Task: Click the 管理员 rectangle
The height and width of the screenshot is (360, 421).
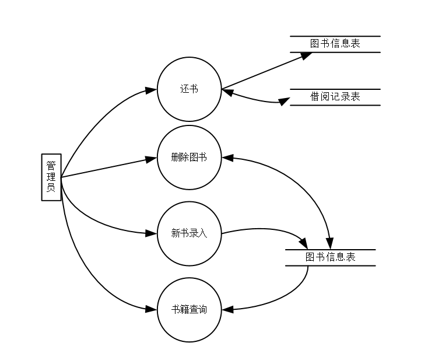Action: [x=51, y=177]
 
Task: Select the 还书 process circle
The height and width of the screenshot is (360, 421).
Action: [x=189, y=89]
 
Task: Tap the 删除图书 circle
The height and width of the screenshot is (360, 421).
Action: [x=189, y=158]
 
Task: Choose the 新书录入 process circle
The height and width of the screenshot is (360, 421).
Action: [x=189, y=234]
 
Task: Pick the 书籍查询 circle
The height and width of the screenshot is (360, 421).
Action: [x=189, y=310]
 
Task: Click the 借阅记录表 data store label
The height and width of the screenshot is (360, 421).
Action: [x=335, y=97]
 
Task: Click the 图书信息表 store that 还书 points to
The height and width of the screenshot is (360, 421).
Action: [x=335, y=44]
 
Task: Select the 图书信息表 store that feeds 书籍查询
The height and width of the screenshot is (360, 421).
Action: [x=330, y=257]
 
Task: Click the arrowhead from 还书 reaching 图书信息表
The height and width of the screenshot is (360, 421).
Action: [x=306, y=55]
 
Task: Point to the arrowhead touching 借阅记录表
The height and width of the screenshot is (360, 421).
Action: [x=284, y=102]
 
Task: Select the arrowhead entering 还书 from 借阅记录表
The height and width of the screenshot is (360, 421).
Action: [x=227, y=92]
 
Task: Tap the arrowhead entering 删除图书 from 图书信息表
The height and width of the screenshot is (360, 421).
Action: [x=227, y=158]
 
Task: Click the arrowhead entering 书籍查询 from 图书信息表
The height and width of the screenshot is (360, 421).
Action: [x=227, y=310]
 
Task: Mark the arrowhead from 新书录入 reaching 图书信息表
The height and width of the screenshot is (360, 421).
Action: [x=303, y=243]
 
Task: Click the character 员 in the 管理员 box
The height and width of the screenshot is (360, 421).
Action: [x=51, y=188]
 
